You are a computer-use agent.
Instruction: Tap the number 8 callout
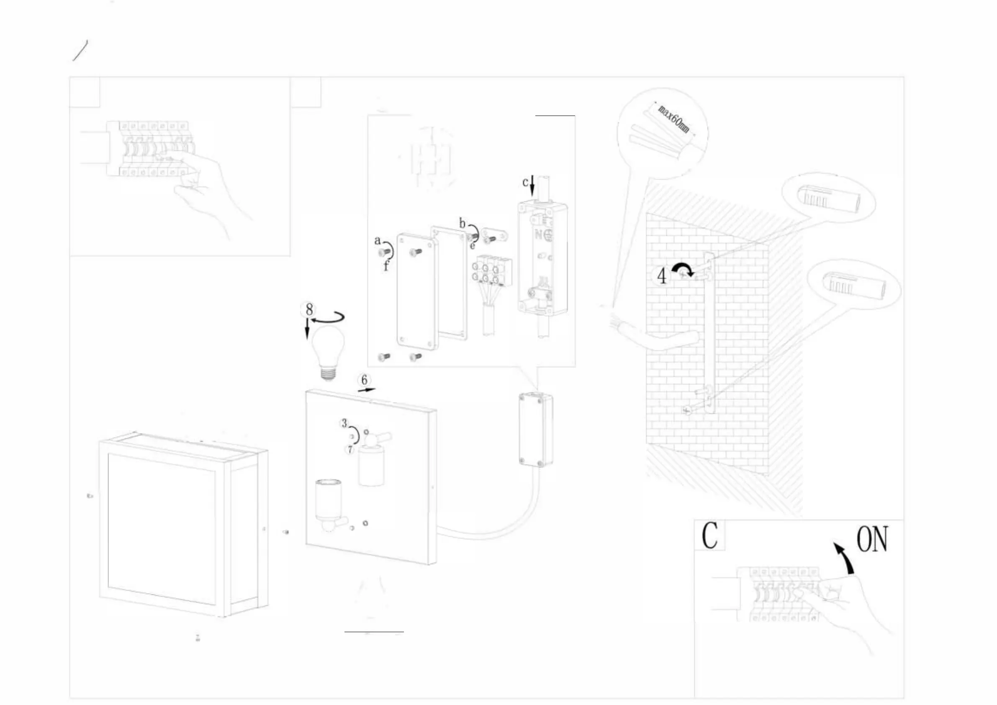click(x=309, y=309)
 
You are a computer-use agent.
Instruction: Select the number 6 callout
click(x=364, y=380)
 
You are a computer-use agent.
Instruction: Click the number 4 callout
click(x=661, y=276)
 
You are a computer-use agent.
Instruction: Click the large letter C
click(x=709, y=535)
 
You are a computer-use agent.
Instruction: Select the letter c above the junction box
click(x=525, y=182)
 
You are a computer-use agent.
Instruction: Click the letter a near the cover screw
click(x=378, y=240)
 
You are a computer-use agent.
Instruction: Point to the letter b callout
click(x=463, y=223)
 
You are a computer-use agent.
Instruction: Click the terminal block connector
click(x=494, y=271)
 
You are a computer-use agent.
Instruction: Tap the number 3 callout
click(x=344, y=423)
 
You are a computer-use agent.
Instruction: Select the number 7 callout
click(x=350, y=450)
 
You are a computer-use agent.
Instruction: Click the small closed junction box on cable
click(x=536, y=429)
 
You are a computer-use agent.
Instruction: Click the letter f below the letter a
click(x=386, y=265)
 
